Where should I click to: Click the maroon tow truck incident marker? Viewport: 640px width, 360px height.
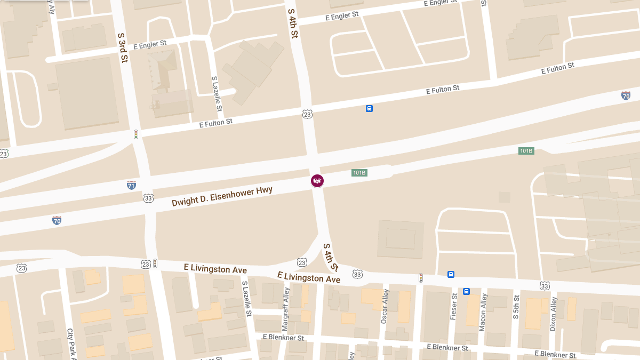click(317, 181)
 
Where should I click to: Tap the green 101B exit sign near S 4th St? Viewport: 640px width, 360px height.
click(359, 173)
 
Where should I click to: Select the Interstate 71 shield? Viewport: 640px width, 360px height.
click(131, 185)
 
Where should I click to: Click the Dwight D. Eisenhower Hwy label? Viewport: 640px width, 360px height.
click(222, 196)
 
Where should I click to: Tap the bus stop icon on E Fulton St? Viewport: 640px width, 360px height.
click(369, 109)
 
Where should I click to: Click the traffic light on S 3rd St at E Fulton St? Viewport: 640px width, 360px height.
click(136, 134)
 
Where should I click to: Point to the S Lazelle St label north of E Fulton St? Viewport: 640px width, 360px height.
click(217, 93)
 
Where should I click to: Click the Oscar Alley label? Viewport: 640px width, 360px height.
click(385, 307)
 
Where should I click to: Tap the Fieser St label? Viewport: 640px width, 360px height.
click(454, 306)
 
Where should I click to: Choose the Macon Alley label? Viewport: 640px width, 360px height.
click(483, 312)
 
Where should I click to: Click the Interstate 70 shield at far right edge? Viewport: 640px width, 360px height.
click(626, 95)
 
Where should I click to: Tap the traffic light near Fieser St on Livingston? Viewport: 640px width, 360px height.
click(420, 277)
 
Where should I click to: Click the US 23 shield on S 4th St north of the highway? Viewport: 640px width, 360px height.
click(307, 114)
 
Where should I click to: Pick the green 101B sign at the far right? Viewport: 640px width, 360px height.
click(526, 151)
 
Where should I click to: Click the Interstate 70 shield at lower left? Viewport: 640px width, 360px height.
click(57, 220)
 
